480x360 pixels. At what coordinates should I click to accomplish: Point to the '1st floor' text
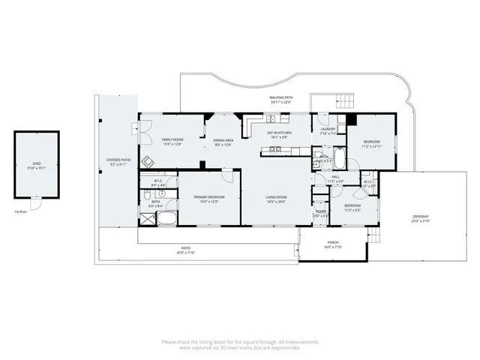[22, 212]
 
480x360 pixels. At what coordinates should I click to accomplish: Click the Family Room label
[173, 142]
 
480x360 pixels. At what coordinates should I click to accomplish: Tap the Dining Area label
[223, 142]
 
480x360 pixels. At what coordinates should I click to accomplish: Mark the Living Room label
[276, 199]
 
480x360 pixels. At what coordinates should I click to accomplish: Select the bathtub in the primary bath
[166, 220]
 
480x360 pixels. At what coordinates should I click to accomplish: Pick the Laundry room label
[328, 131]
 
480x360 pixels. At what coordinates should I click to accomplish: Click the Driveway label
[420, 219]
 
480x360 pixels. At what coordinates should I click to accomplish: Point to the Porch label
[332, 244]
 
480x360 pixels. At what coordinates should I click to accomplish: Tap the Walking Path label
[280, 100]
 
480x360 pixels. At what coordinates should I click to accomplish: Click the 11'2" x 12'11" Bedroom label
[372, 144]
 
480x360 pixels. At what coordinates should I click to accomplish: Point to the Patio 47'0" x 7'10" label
[185, 250]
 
